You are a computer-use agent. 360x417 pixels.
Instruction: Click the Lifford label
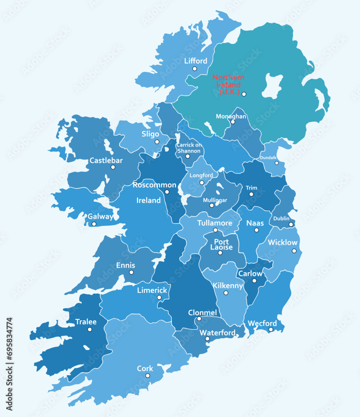tap(195, 61)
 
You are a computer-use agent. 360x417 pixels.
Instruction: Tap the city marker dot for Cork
tap(147, 376)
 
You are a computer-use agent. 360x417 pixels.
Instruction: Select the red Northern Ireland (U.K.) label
tap(228, 85)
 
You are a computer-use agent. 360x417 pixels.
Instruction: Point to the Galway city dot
tap(94, 224)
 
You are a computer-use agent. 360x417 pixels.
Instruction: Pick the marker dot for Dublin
tap(291, 225)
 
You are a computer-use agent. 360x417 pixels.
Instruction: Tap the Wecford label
tap(262, 323)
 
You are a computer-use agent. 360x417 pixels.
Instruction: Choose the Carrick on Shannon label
tap(189, 148)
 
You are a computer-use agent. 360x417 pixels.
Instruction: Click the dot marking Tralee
tap(90, 329)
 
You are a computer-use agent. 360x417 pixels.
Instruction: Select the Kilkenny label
tap(228, 286)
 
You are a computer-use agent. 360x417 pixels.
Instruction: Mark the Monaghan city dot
tap(233, 122)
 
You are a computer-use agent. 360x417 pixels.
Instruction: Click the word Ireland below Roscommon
tap(149, 201)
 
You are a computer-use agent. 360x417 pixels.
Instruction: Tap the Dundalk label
tap(268, 158)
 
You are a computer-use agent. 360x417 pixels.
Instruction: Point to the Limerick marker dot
tap(159, 297)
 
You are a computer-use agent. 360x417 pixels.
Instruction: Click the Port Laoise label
tap(221, 244)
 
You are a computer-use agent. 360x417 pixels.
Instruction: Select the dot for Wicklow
tap(294, 251)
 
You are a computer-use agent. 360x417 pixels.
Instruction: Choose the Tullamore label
tap(215, 223)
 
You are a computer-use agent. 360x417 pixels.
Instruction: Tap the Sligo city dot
tap(157, 142)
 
